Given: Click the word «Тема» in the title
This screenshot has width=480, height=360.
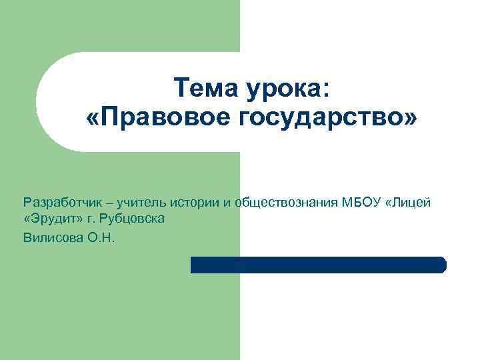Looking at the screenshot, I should (x=199, y=87).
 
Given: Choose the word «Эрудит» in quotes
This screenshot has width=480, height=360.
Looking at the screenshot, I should (x=53, y=219).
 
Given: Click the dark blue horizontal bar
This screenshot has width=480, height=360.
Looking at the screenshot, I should (x=318, y=265).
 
